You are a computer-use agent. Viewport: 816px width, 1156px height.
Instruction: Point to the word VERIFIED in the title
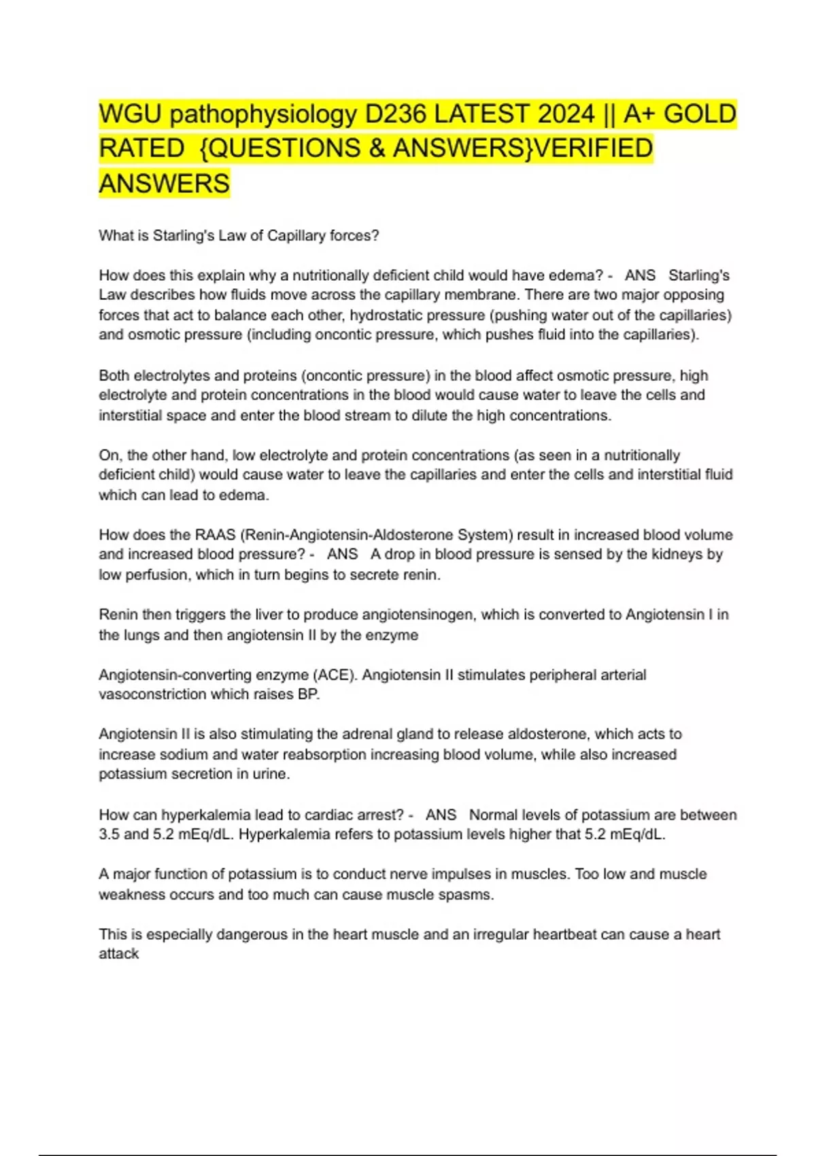pyautogui.click(x=593, y=148)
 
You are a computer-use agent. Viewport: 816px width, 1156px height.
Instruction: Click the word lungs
pyautogui.click(x=141, y=635)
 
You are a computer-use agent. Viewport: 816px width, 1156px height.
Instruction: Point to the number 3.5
pyautogui.click(x=110, y=834)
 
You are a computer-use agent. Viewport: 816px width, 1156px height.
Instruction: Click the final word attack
pyautogui.click(x=118, y=954)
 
